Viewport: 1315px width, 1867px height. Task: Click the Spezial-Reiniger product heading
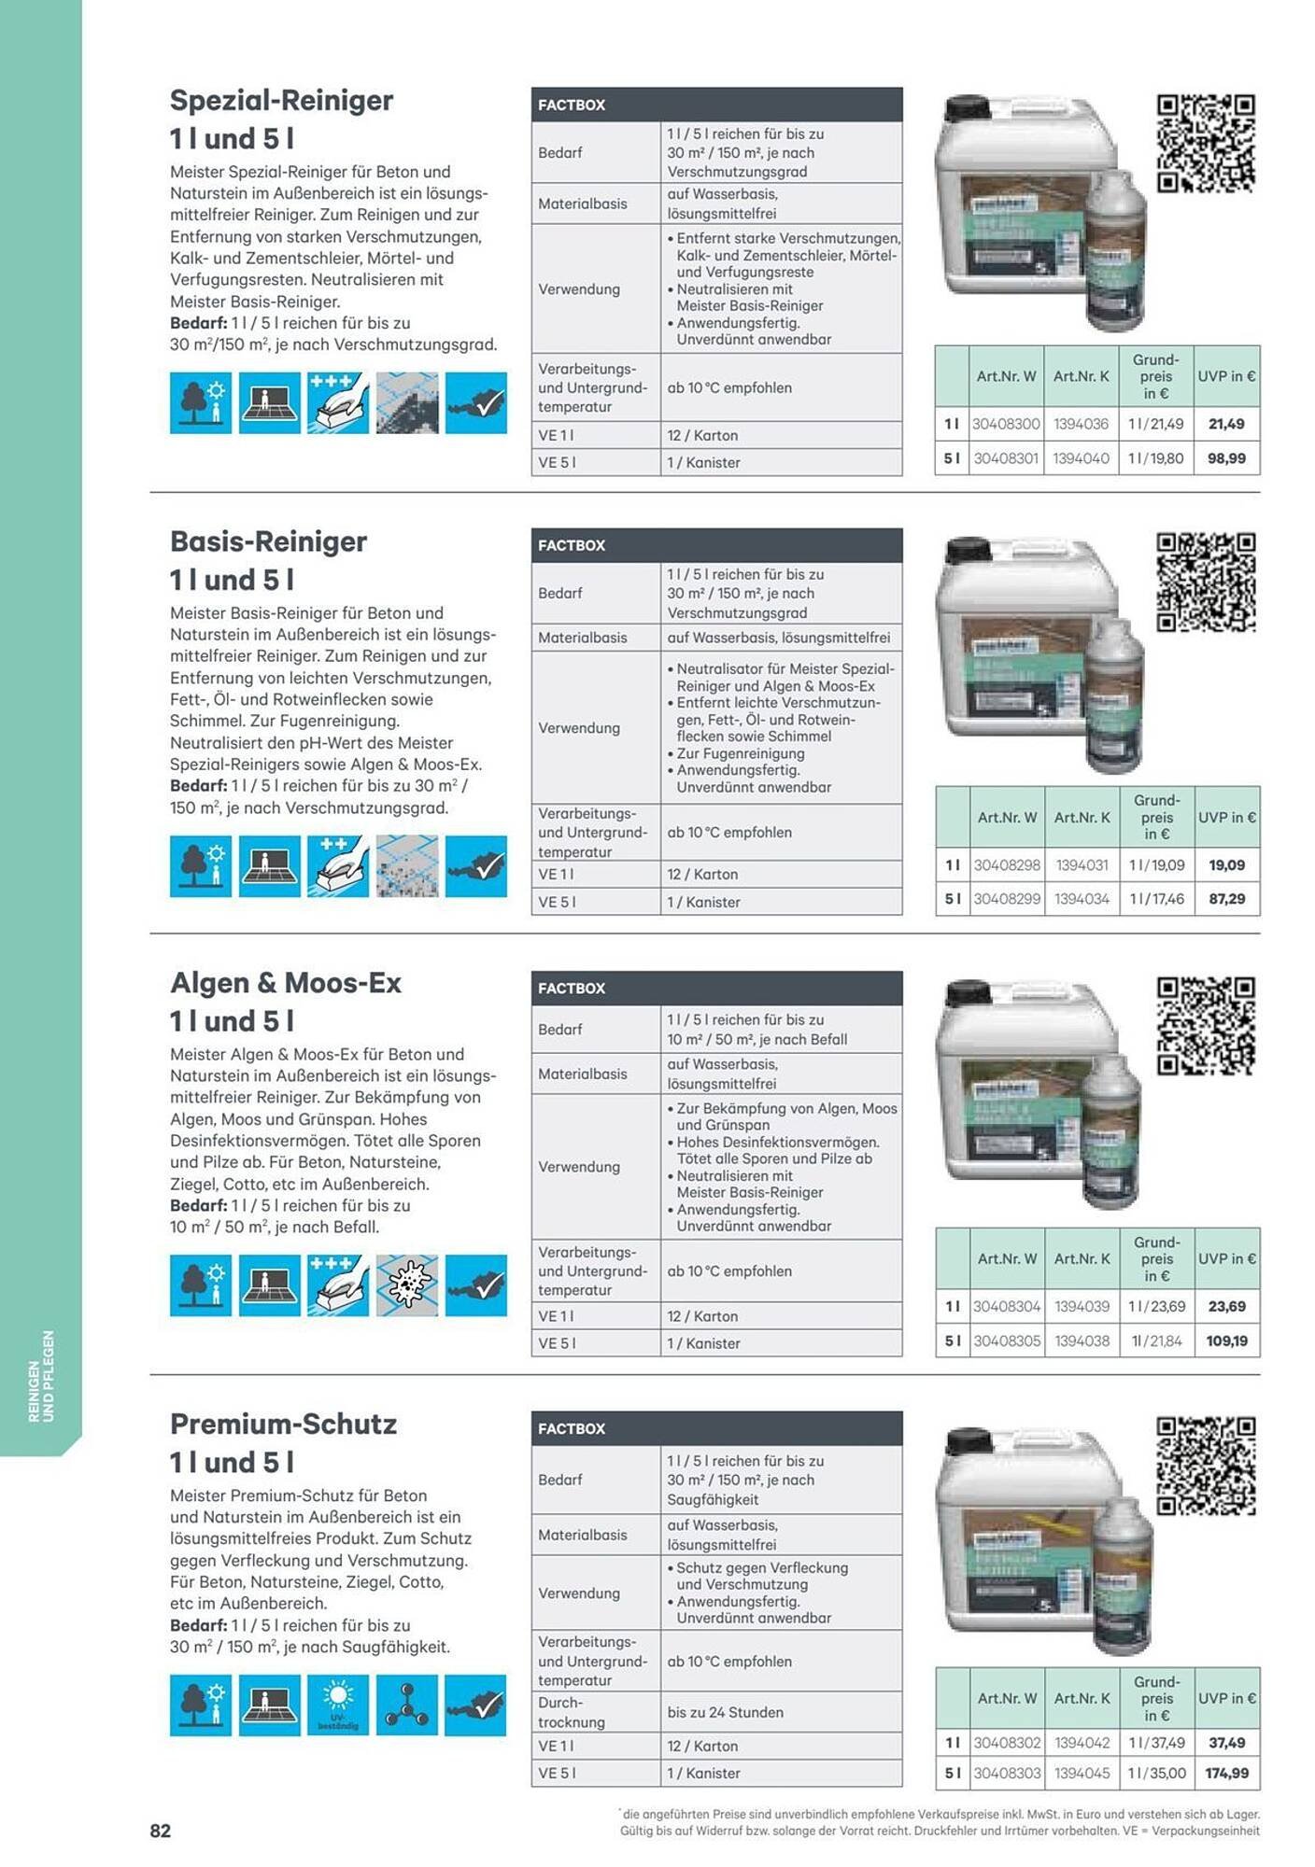(x=281, y=101)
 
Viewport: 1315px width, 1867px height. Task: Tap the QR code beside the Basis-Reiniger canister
(x=1205, y=582)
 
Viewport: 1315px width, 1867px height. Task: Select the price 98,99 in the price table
(x=1225, y=458)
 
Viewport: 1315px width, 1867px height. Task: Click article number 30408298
(x=1007, y=865)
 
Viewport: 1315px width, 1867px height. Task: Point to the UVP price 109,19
(x=1226, y=1341)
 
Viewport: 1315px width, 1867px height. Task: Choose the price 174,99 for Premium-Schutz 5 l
(x=1226, y=1774)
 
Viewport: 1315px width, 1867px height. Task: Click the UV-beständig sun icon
(x=338, y=1705)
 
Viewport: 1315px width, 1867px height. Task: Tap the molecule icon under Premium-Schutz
(x=407, y=1705)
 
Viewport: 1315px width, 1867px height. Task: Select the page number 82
(x=161, y=1831)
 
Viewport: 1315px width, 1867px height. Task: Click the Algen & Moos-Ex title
(x=286, y=983)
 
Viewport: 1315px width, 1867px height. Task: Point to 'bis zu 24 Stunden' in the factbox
(x=725, y=1712)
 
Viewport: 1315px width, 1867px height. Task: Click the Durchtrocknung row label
(x=572, y=1712)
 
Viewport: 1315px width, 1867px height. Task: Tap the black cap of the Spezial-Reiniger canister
(x=968, y=108)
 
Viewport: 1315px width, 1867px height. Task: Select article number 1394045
(x=1082, y=1774)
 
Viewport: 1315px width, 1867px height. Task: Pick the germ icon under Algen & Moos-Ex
(x=407, y=1285)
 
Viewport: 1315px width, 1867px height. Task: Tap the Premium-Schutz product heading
(x=283, y=1425)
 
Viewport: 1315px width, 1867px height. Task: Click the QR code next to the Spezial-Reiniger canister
(x=1205, y=143)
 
